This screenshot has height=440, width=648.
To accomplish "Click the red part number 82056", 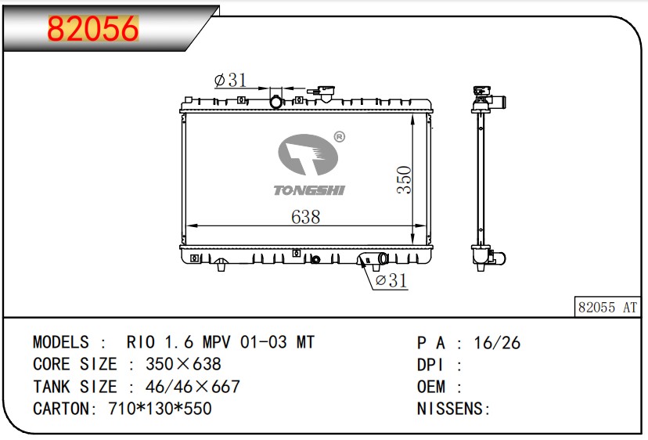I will [x=92, y=29].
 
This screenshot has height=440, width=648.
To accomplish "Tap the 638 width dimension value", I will [x=305, y=217].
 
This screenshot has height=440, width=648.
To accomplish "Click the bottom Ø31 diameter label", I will [x=391, y=280].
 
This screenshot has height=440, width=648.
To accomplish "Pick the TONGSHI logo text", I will [x=308, y=190].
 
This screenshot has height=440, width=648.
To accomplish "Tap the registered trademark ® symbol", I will [x=340, y=138].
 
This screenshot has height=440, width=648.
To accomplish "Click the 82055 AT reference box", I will [x=607, y=308].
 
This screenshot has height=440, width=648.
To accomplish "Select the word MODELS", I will [x=61, y=342].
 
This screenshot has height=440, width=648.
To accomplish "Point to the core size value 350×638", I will [x=183, y=364].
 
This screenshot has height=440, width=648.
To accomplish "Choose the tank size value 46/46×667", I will [x=183, y=387].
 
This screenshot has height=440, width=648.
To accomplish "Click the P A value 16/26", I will [x=499, y=342].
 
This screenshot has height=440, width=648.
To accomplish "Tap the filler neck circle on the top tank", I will [x=275, y=102].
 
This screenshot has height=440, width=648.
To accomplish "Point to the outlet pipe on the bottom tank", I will [x=382, y=259].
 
